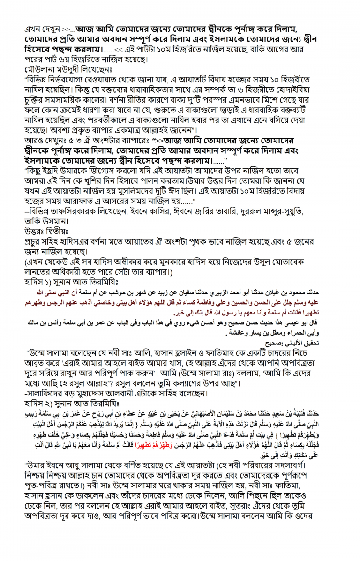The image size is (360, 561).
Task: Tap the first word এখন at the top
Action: click(x=34, y=29)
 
